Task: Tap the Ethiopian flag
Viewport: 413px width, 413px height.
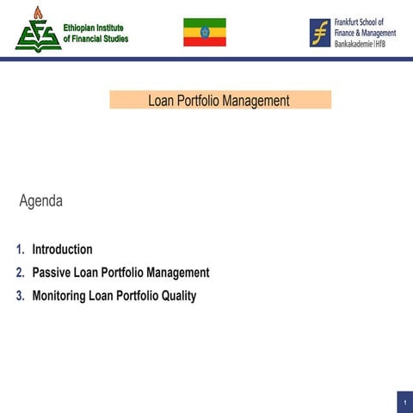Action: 205,32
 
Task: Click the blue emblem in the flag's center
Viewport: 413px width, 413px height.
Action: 205,32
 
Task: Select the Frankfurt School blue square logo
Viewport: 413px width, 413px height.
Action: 320,32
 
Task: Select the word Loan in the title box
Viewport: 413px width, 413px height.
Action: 161,101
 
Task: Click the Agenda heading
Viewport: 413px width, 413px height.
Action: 40,202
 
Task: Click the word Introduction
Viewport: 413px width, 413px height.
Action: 62,250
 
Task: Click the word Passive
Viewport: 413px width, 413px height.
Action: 52,273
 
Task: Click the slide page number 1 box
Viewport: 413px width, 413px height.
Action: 404,402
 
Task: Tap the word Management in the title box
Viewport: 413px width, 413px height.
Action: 256,101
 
